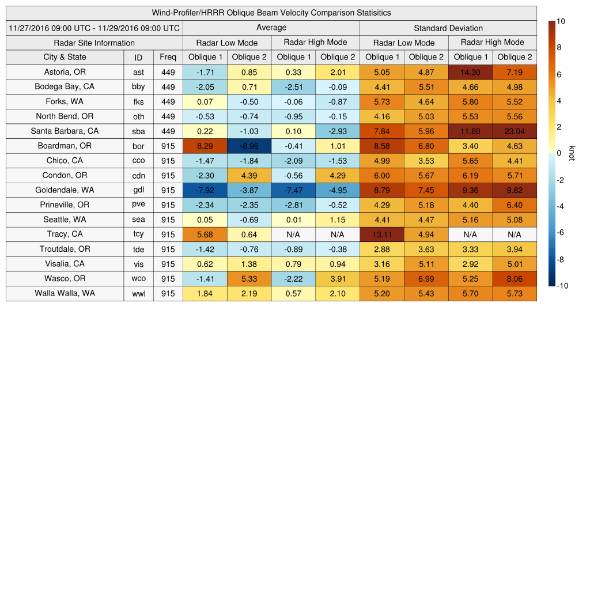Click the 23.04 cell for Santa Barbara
515,131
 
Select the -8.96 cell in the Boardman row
249,146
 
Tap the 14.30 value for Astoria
470,72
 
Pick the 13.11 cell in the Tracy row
381,235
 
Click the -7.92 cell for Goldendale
205,190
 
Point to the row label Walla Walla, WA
65,293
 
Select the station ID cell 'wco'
138,279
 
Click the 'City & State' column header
65,57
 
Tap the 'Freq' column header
168,57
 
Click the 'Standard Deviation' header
448,28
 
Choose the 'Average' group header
271,28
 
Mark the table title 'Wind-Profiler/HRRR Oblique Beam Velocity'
271,13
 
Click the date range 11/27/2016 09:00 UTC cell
94,28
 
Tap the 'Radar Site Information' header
94,43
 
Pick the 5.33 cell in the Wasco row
249,279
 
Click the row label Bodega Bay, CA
65,87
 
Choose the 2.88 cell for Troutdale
381,249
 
